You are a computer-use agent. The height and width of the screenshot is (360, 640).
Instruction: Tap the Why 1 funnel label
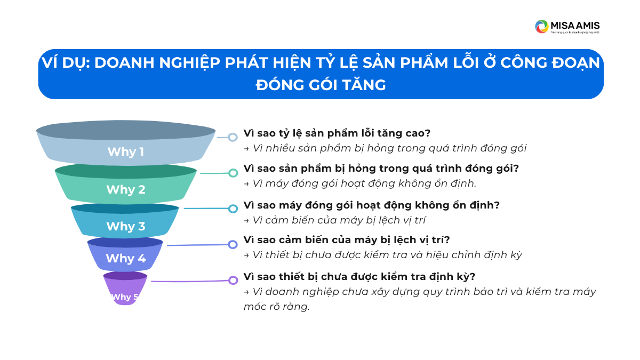(x=126, y=151)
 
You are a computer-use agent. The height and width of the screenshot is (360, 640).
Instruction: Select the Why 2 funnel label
(x=126, y=189)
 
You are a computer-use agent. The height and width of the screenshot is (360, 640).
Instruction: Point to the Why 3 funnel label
(x=126, y=226)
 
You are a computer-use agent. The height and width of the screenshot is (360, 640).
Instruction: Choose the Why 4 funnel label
(x=126, y=259)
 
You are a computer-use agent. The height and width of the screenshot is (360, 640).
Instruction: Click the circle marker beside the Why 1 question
(x=233, y=137)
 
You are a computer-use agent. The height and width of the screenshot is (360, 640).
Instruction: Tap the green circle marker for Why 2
(x=233, y=173)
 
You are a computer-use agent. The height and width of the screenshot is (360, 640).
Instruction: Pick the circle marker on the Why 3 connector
(x=233, y=209)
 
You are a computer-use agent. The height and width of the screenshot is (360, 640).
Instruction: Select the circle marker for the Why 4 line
(x=233, y=244)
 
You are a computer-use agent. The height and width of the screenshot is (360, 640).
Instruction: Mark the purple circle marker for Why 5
(x=233, y=280)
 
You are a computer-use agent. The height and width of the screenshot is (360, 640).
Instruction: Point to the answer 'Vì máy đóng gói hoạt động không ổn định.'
(x=360, y=183)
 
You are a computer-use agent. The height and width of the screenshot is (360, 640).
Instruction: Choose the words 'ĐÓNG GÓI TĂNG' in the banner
(x=321, y=85)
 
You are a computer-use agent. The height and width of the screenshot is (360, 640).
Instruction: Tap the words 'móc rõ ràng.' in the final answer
(x=276, y=307)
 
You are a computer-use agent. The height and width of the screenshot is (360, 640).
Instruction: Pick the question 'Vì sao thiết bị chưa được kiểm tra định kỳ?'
(x=359, y=277)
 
